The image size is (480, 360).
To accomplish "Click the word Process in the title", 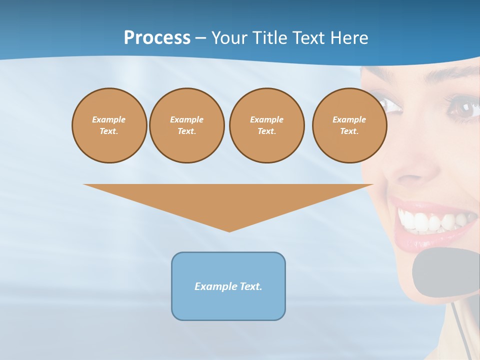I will (x=157, y=38).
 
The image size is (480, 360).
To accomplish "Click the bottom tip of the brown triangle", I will (x=229, y=230).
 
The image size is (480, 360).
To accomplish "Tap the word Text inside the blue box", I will (x=250, y=286).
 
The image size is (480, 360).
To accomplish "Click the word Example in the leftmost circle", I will (x=109, y=119).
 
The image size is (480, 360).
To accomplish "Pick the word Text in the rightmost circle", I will (x=349, y=131).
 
